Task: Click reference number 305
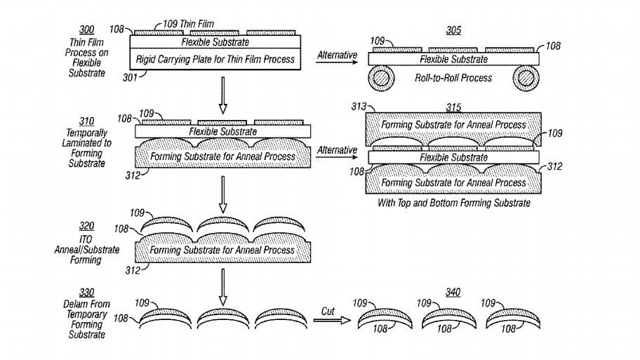point(454,30)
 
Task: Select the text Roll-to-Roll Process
point(453,78)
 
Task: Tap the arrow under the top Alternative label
point(337,62)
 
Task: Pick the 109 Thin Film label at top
point(180,23)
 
